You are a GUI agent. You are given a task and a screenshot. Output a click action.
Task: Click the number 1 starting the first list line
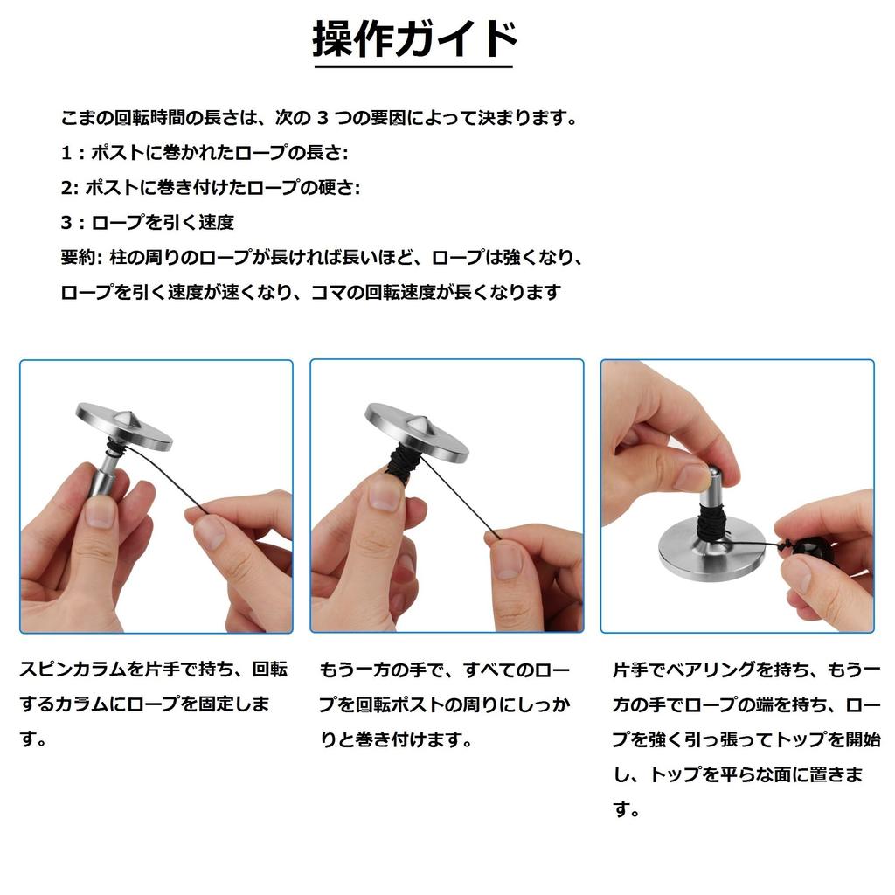coord(66,153)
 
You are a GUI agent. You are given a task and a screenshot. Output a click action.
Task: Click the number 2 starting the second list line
coord(66,188)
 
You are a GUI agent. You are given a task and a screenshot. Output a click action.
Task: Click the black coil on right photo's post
coord(712,523)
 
